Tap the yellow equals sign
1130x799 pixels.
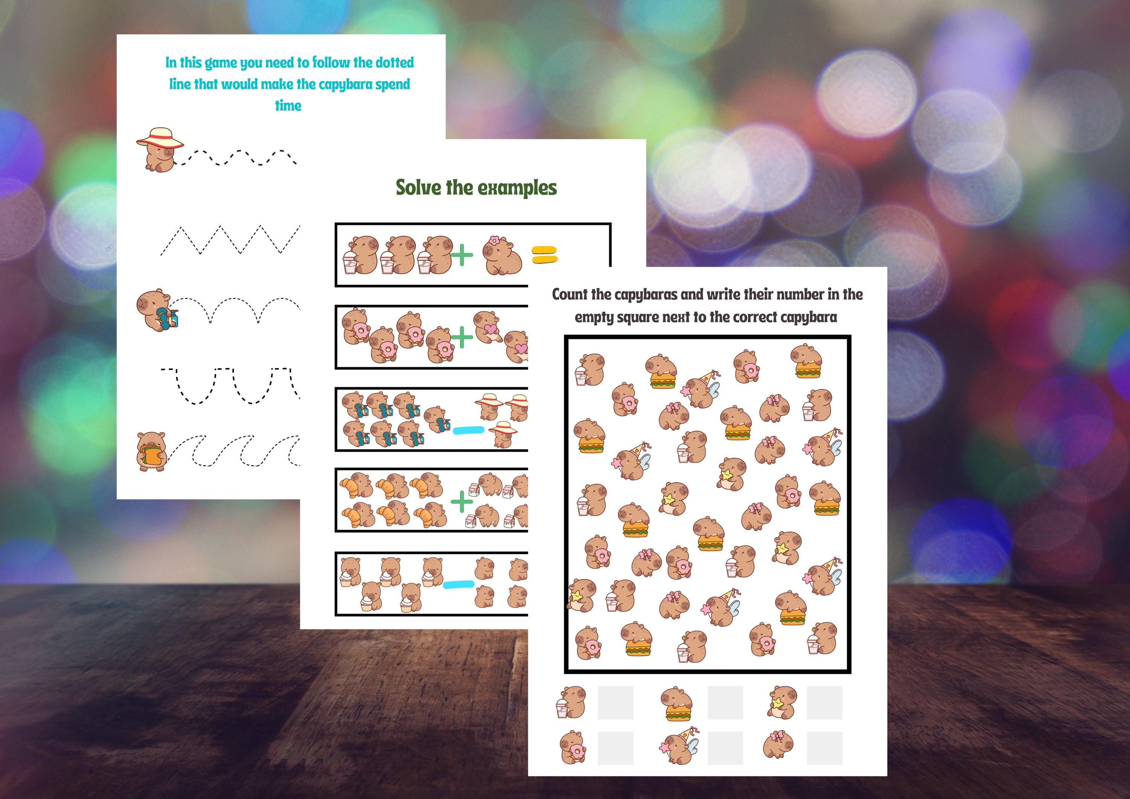[544, 255]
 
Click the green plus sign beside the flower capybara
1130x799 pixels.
[462, 255]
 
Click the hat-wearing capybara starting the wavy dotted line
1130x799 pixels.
[159, 150]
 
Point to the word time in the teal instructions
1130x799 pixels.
[288, 105]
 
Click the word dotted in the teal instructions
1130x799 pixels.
[394, 63]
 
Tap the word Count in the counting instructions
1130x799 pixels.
[570, 294]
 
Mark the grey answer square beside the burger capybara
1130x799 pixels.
[725, 703]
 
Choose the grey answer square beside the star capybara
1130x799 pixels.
[825, 703]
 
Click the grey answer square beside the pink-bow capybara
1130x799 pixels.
[825, 748]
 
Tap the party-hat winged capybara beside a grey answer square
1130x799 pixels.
[679, 746]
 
